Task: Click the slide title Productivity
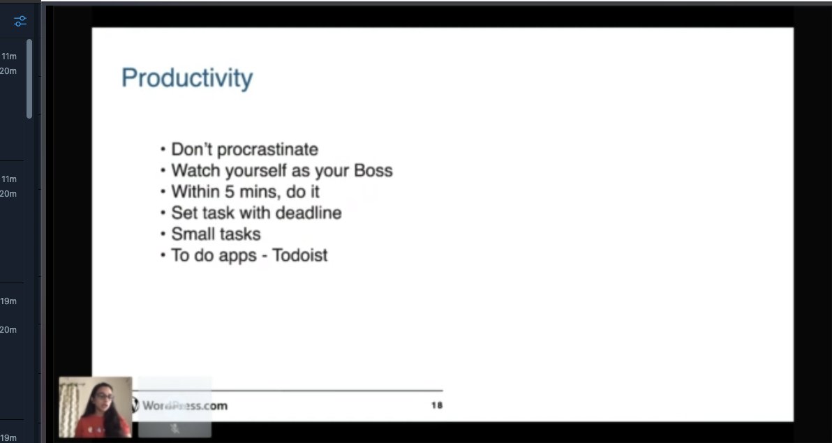pyautogui.click(x=187, y=78)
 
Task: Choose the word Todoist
pyautogui.click(x=300, y=255)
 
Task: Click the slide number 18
pyautogui.click(x=436, y=405)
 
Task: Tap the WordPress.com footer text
pyautogui.click(x=185, y=405)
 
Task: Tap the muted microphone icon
pyautogui.click(x=174, y=428)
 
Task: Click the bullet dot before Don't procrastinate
pyautogui.click(x=163, y=150)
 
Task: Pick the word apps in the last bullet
pyautogui.click(x=237, y=255)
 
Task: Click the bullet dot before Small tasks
pyautogui.click(x=163, y=234)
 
